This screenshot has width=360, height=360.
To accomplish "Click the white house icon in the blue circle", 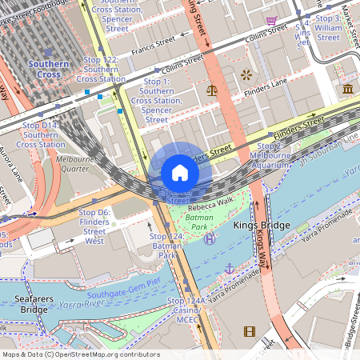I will point(180,173).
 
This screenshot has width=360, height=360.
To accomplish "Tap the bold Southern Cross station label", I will point(54,69).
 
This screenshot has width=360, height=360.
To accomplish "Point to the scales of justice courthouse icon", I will point(212,90).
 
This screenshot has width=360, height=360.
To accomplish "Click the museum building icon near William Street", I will point(348,90).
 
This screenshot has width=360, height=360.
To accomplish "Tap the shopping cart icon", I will point(272,20).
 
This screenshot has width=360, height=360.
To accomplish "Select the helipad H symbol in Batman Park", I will point(210,238).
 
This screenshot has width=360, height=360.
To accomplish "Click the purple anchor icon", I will point(230,269).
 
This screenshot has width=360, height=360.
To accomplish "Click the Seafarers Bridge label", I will point(23,304).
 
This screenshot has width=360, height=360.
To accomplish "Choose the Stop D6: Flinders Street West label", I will point(94,226).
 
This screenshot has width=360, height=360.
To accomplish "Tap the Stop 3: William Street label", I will point(328,27).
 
